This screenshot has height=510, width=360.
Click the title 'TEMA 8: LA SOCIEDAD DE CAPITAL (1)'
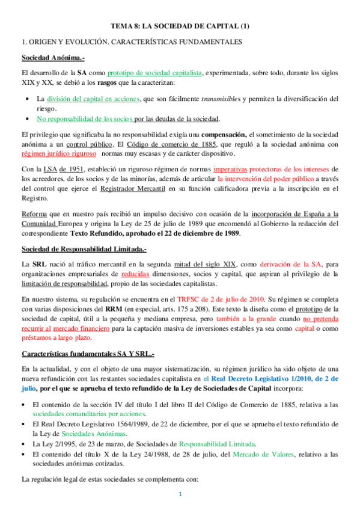point(180,26)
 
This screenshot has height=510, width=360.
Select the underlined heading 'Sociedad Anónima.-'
point(53,58)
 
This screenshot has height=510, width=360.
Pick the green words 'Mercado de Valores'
point(258,453)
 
